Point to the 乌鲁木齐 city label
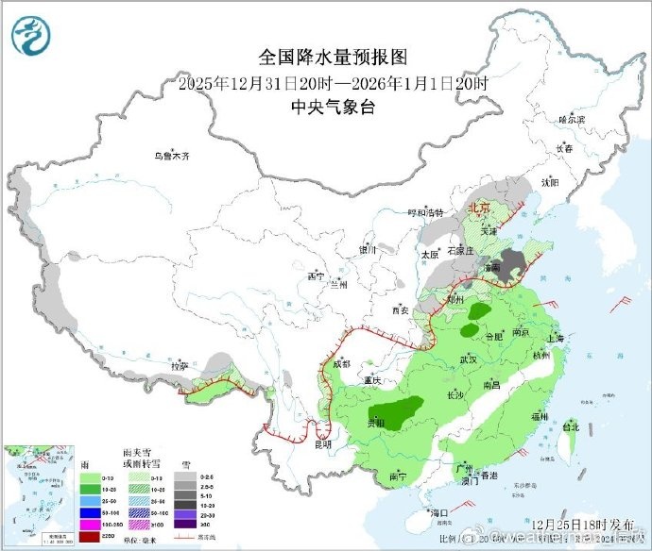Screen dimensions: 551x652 pos(173,156)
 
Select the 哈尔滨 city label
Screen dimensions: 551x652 pos(572,120)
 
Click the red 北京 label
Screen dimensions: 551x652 pos(479,207)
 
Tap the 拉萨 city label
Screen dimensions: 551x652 pos(179,364)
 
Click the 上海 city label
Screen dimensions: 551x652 pos(554,338)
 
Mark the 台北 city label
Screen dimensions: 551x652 pos(570,426)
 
